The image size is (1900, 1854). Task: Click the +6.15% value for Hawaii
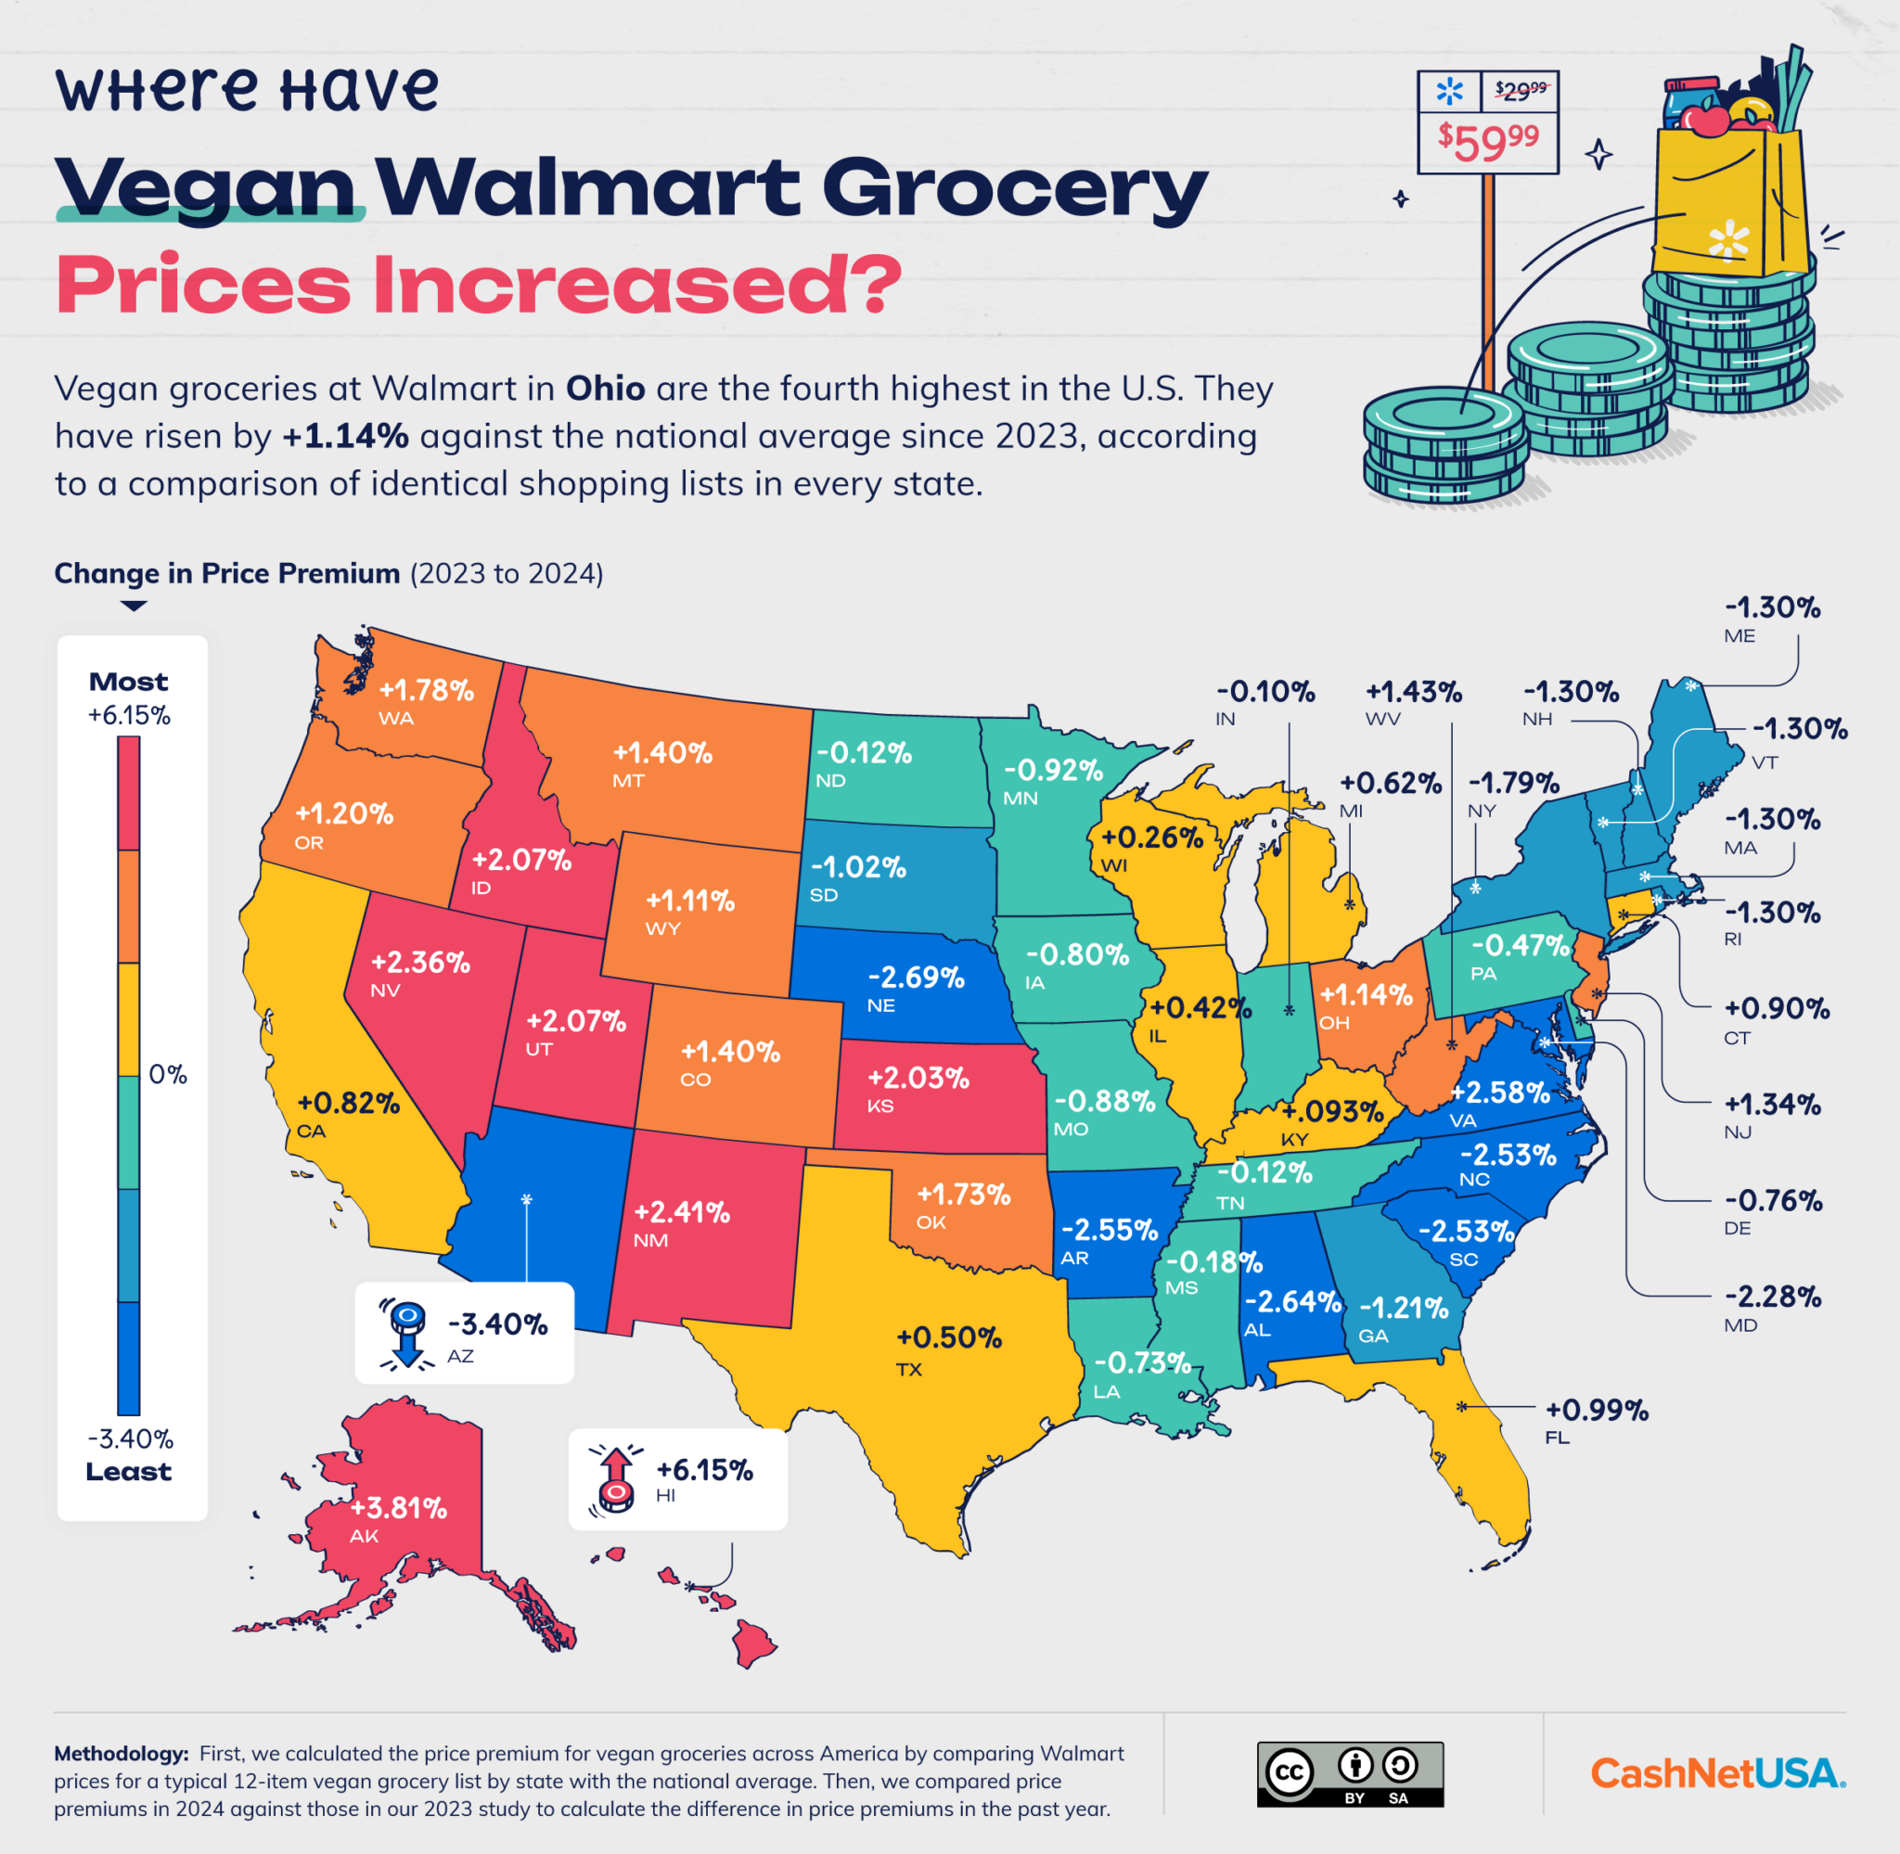click(x=704, y=1469)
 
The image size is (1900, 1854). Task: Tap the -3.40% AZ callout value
click(x=497, y=1324)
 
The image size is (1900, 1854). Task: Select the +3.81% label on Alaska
click(x=398, y=1507)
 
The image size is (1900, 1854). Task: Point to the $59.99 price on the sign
click(x=1488, y=142)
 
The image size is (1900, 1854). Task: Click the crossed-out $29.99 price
click(x=1521, y=92)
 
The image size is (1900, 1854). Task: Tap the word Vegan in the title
click(x=207, y=187)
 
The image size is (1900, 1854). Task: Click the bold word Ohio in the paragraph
click(x=605, y=389)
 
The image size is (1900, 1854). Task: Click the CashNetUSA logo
click(x=1717, y=1772)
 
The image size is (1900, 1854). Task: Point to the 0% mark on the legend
click(x=168, y=1074)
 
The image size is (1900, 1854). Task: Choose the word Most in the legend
click(x=128, y=682)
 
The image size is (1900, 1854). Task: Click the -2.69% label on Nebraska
click(x=916, y=977)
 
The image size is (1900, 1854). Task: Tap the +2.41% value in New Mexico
click(x=682, y=1211)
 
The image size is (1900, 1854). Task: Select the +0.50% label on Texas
click(x=948, y=1337)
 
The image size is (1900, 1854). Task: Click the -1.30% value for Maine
click(x=1771, y=607)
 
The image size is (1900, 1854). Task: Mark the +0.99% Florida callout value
click(x=1598, y=1409)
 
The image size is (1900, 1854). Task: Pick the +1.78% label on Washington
click(x=426, y=689)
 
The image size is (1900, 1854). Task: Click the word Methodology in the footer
click(x=121, y=1753)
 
